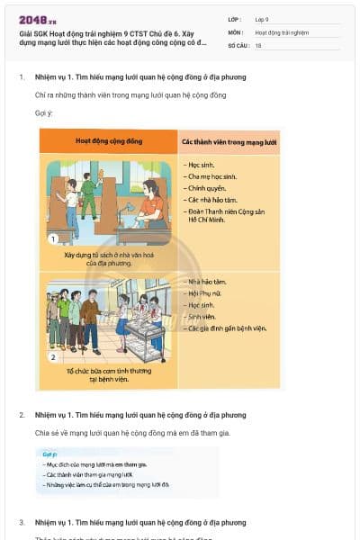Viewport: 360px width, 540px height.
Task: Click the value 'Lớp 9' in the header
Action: (262, 19)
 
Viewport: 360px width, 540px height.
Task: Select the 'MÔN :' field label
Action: (236, 32)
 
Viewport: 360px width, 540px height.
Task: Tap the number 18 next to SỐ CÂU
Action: (258, 45)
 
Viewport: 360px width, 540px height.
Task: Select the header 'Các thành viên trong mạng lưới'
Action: (229, 142)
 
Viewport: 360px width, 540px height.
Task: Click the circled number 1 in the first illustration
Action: (53, 239)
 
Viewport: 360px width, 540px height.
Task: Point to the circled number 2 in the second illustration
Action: (53, 357)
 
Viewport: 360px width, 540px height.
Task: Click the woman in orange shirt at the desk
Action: (151, 207)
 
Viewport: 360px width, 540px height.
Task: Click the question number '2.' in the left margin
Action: (22, 415)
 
